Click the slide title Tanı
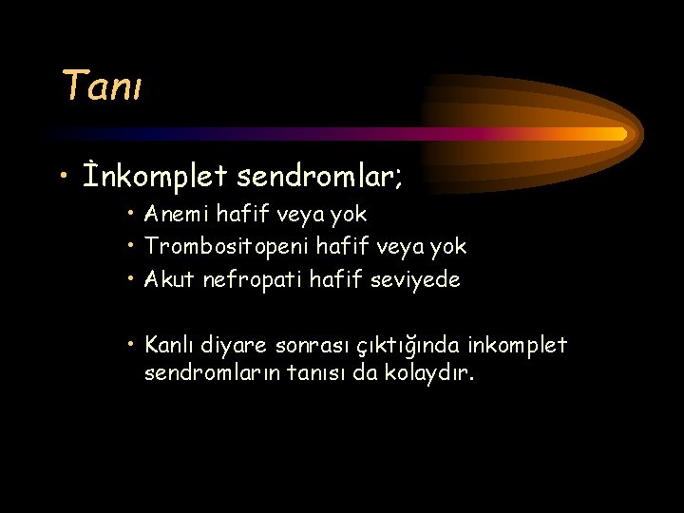click(102, 85)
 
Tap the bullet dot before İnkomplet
click(63, 177)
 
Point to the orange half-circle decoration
click(532, 134)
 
